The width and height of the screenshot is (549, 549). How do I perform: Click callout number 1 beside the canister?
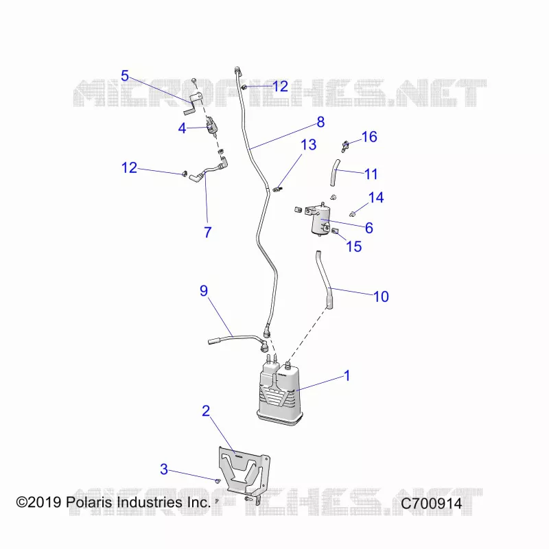coord(347,375)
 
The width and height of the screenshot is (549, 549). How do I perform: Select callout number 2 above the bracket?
coord(206,410)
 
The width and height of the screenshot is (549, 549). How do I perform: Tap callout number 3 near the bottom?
coord(164,469)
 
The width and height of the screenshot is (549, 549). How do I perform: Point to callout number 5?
coord(125,75)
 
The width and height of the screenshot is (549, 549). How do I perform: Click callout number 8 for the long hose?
coord(320,122)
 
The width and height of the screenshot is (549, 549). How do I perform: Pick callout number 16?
coord(369,137)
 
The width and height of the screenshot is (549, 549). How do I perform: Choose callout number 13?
coord(308,145)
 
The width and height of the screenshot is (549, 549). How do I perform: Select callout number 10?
coord(381,296)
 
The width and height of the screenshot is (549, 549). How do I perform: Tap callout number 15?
coord(353,246)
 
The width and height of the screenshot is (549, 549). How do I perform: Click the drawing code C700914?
coord(432,504)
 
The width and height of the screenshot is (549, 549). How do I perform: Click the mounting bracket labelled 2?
coord(245,474)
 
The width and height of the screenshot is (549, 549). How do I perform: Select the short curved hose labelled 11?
coord(335,173)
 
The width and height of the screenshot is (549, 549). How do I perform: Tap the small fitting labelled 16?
coord(345,146)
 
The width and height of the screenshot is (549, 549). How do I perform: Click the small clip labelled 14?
coord(353,213)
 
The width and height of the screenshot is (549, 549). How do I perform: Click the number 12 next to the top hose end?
coord(280,86)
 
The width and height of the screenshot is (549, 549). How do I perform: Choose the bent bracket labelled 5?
coord(194,102)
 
